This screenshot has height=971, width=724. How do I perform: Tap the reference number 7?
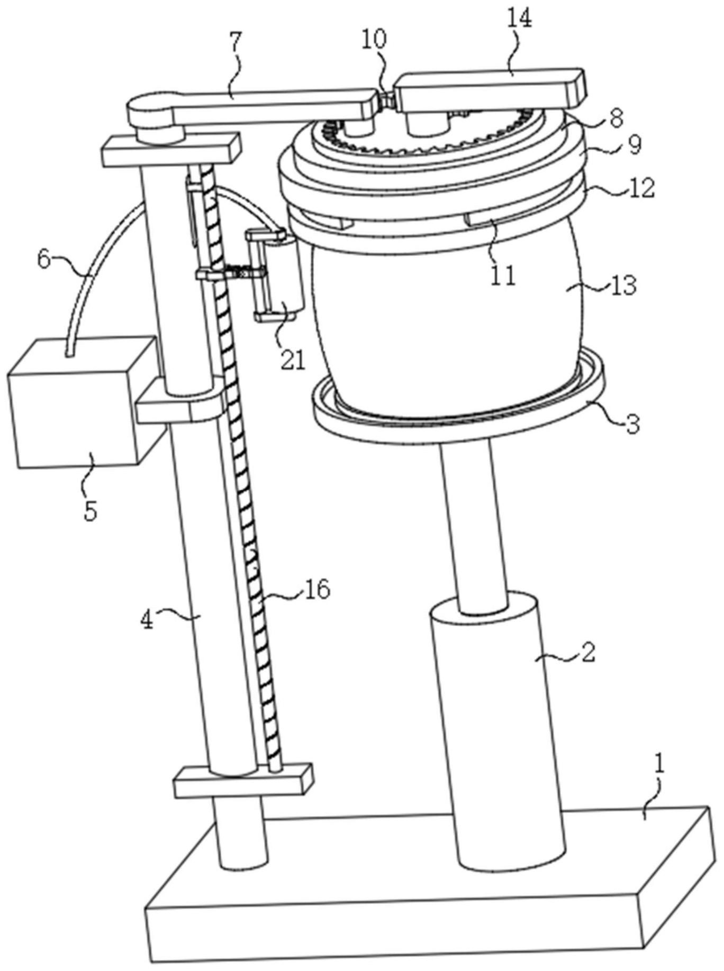pos(236,40)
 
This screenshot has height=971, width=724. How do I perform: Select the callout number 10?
pos(374,39)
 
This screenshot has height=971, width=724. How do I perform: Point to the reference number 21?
pos(293,360)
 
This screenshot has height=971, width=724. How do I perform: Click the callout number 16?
pos(317,589)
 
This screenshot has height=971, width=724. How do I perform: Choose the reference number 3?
pos(632,424)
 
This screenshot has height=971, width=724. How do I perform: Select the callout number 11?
pos(503,276)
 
